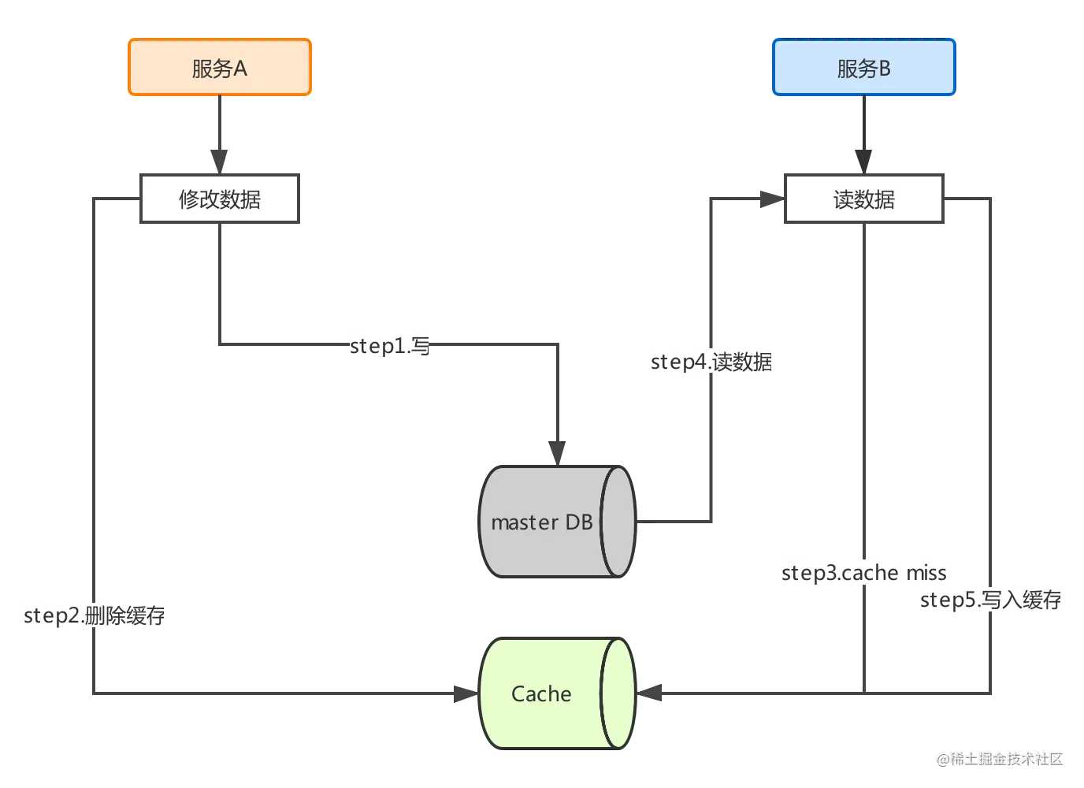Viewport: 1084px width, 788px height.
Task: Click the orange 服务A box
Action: [220, 69]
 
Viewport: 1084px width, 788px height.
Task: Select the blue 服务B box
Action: [863, 69]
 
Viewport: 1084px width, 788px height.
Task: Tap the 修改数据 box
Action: [220, 199]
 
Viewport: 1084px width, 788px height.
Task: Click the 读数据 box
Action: [863, 199]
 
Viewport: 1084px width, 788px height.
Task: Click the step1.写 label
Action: [388, 345]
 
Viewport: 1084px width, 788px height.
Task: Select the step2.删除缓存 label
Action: [93, 615]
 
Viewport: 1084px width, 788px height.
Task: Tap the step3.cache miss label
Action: [864, 572]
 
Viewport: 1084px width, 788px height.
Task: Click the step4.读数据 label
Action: [711, 362]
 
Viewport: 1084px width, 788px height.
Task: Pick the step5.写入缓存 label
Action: [992, 600]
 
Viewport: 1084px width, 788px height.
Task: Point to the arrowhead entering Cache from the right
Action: [652, 693]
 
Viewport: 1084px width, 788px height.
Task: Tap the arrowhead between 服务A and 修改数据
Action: [220, 152]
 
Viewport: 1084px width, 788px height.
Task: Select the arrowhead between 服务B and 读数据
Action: [863, 152]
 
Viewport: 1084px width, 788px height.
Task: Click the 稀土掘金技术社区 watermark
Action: [999, 758]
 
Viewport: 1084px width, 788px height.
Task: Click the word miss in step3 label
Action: [926, 573]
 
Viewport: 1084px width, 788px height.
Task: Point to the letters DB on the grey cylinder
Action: [579, 522]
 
